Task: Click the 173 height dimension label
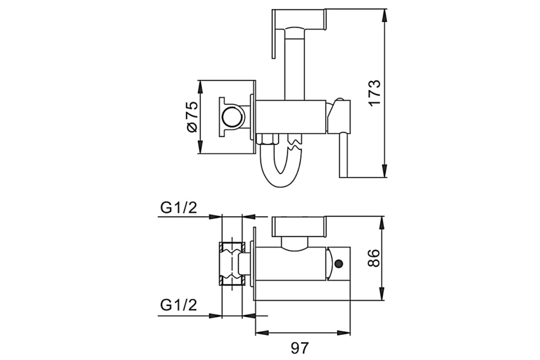[374, 93]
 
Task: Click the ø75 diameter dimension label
[192, 117]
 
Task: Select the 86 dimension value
[374, 258]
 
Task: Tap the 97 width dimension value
[300, 348]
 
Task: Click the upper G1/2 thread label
[178, 207]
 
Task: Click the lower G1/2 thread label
[178, 305]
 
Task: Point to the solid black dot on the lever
[339, 264]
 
